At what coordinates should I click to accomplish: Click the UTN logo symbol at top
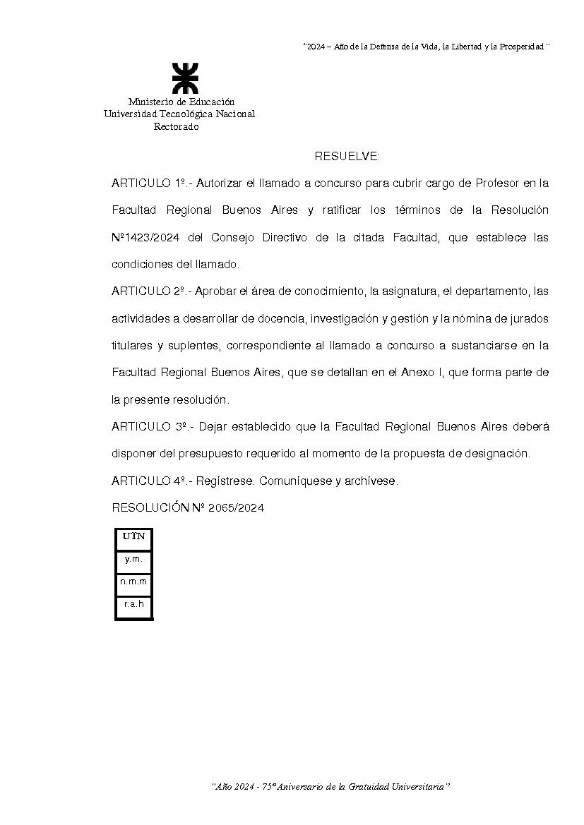click(186, 78)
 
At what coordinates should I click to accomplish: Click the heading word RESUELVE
click(347, 156)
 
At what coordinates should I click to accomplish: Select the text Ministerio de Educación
click(181, 102)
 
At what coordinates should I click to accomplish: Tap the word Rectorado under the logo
click(177, 127)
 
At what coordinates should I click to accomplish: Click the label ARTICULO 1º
click(149, 183)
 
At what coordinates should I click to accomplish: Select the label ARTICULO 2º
click(148, 291)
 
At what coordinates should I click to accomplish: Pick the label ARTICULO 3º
click(149, 427)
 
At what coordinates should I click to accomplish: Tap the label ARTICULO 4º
click(148, 481)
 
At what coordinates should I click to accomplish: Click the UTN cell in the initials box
click(133, 536)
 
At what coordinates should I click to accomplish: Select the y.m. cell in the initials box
click(133, 559)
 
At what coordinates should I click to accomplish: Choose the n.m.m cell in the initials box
click(133, 582)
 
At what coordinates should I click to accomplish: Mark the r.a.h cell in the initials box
click(133, 604)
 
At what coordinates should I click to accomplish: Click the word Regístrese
click(225, 481)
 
